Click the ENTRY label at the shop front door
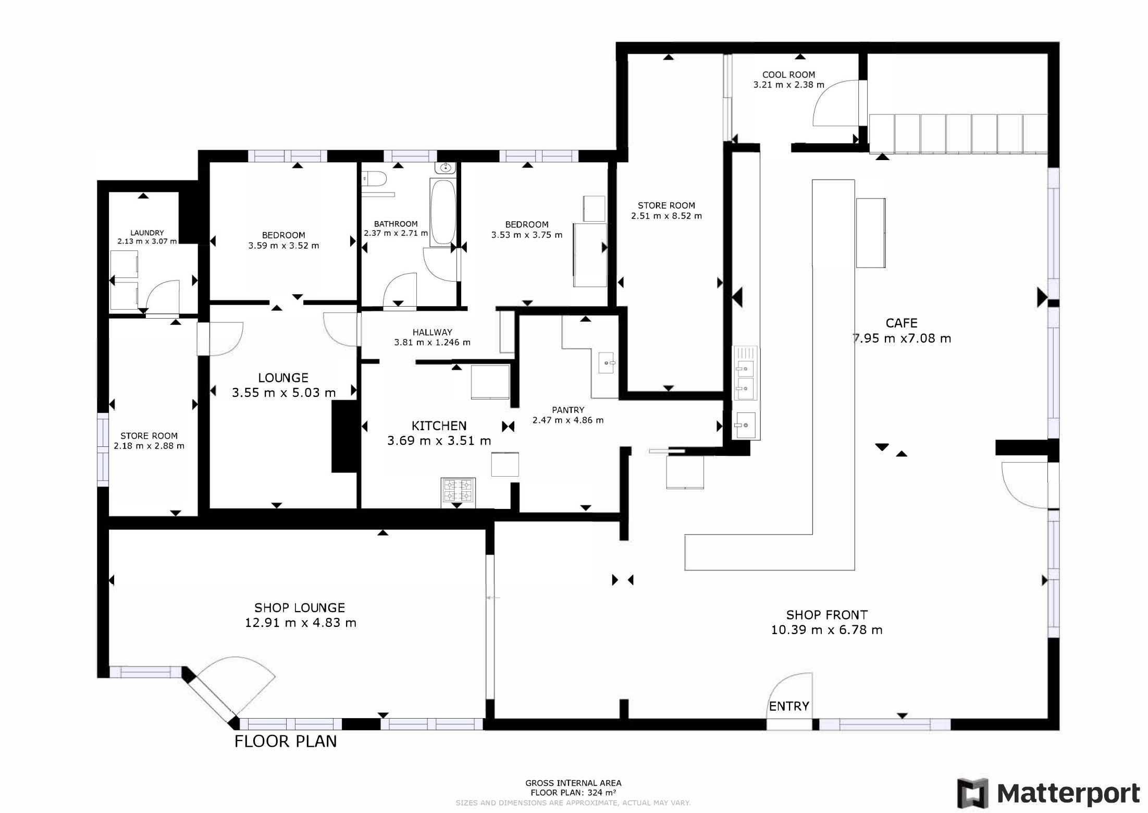(789, 706)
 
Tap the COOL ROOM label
(788, 75)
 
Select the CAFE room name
(902, 323)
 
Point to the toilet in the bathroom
(374, 179)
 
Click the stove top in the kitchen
(458, 490)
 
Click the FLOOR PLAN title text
(286, 741)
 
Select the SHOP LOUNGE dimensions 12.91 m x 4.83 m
(301, 623)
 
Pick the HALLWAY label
(433, 332)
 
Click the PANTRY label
(568, 410)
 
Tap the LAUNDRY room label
(147, 233)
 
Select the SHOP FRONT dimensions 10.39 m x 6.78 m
(827, 630)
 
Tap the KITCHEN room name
(439, 426)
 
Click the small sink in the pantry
(607, 362)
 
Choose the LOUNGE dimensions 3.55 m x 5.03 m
(284, 393)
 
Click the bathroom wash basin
(446, 167)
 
